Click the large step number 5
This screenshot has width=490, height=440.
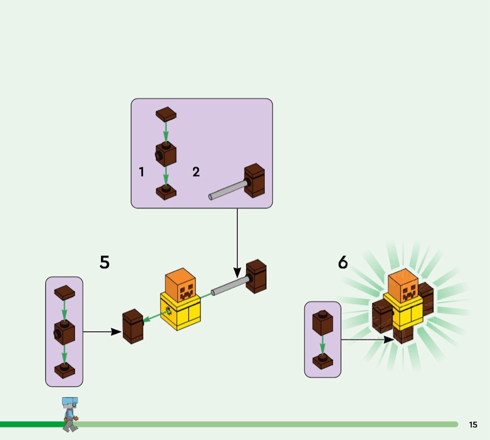(x=105, y=263)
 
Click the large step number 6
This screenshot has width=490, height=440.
(x=343, y=263)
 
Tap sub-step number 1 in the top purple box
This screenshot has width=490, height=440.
(x=141, y=172)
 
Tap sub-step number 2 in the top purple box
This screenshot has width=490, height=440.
(x=196, y=172)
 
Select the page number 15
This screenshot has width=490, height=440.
(x=473, y=425)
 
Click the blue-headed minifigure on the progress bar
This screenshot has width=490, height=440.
(x=70, y=413)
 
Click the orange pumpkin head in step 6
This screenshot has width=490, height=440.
(x=403, y=284)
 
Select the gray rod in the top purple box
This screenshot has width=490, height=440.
(x=228, y=190)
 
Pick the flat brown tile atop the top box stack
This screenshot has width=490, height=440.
(x=166, y=114)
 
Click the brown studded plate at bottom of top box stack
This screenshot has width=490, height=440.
(x=166, y=192)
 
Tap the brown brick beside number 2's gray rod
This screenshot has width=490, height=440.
(x=254, y=180)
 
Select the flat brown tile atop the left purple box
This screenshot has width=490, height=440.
(x=64, y=292)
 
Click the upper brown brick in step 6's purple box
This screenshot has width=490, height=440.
(x=322, y=322)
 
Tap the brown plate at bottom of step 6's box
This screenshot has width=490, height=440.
(x=322, y=362)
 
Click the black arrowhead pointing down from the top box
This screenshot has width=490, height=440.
(x=237, y=272)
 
